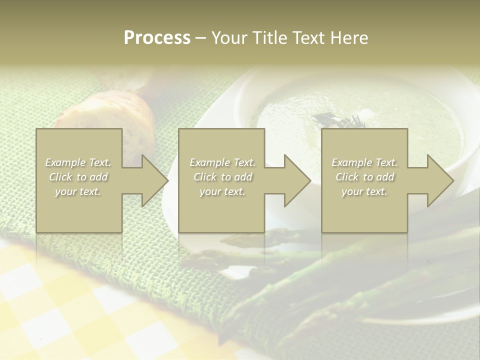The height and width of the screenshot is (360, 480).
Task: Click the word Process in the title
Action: pos(157,38)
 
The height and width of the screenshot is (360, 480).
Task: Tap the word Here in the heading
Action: pos(349,38)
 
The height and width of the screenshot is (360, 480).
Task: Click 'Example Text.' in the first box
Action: pos(78,162)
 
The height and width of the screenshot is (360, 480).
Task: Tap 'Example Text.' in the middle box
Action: pos(222,162)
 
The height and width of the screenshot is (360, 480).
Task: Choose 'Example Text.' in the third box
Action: pos(364,162)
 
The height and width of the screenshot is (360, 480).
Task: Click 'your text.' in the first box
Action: pos(78,191)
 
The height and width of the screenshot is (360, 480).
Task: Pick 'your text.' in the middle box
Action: pos(222,191)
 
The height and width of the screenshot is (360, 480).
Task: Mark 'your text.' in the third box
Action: pos(364,191)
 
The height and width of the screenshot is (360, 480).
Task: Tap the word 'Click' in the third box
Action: pos(347,177)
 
